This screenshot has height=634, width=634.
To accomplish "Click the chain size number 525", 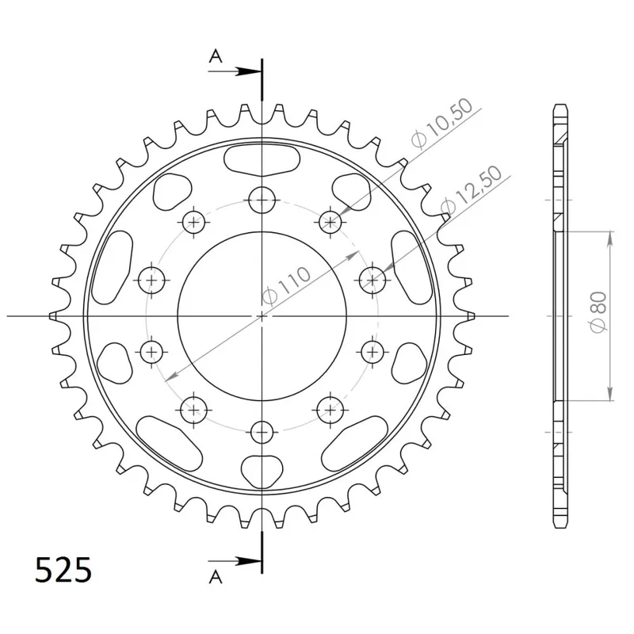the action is pyautogui.click(x=63, y=570).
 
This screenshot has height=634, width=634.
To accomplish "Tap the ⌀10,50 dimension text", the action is pyautogui.click(x=441, y=123).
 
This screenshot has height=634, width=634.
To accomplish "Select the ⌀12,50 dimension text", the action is pyautogui.click(x=471, y=189).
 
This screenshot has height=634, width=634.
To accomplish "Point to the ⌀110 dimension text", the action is pyautogui.click(x=286, y=285).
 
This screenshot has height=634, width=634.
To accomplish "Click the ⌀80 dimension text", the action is pyautogui.click(x=599, y=311).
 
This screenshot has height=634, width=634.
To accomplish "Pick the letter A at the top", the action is pyautogui.click(x=216, y=56).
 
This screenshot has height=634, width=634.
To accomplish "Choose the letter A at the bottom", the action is pyautogui.click(x=216, y=577).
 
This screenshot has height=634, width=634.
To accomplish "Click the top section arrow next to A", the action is pyautogui.click(x=234, y=71).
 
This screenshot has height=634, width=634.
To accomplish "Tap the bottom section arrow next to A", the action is pyautogui.click(x=234, y=561).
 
